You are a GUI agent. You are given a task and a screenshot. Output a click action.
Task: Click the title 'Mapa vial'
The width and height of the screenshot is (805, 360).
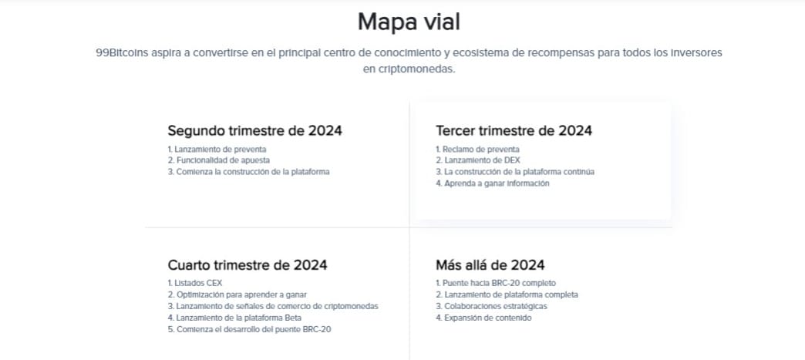coord(409,22)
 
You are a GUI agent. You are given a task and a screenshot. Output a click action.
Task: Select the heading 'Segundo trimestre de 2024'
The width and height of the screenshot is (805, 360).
coord(254,131)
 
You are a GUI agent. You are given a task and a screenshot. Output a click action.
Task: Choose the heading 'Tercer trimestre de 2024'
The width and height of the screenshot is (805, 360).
coord(514,131)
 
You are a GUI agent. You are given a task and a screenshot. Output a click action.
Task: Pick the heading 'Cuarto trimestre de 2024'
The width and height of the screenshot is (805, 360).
coord(248,265)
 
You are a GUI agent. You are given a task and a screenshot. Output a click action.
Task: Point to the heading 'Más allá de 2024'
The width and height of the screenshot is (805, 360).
coord(490,265)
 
